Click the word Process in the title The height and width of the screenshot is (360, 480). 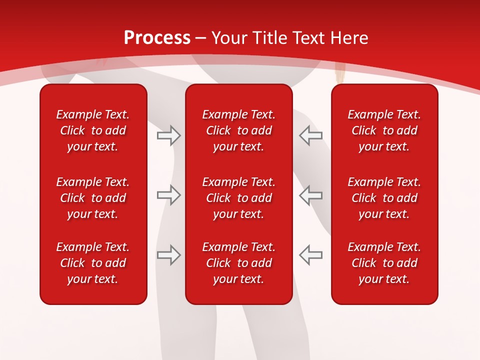[x=157, y=38]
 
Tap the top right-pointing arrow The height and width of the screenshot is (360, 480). [x=169, y=135]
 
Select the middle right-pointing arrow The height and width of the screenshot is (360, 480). [x=169, y=195]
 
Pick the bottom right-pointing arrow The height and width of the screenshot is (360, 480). [x=169, y=255]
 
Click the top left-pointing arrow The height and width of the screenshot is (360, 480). [x=311, y=135]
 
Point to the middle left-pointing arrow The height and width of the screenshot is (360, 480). [x=311, y=195]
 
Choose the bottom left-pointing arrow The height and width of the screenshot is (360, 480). [x=311, y=255]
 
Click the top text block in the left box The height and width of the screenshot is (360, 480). [x=93, y=130]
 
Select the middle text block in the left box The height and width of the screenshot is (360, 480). [x=93, y=198]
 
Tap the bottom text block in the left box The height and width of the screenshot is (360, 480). [x=93, y=263]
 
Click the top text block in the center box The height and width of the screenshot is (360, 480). [x=239, y=130]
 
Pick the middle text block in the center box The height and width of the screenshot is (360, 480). [x=239, y=198]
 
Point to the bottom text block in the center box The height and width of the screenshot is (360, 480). [x=239, y=263]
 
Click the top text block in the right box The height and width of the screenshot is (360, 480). [x=384, y=130]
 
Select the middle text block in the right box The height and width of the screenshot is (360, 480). [x=384, y=198]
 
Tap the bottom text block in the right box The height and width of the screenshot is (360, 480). [x=384, y=263]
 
